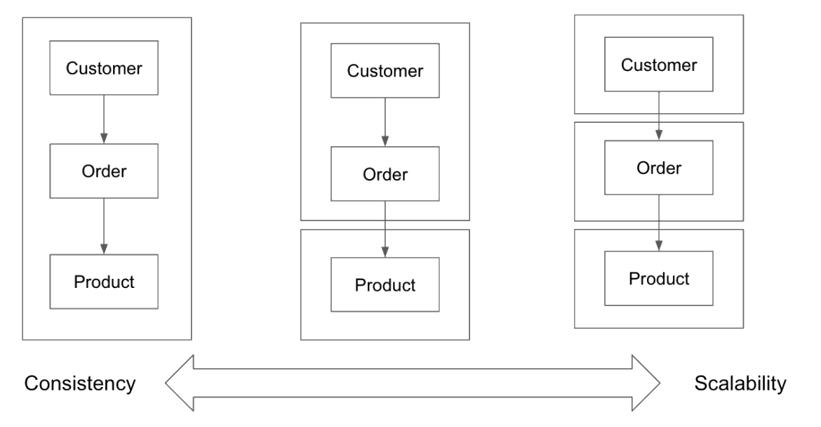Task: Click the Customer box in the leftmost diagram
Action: tap(104, 68)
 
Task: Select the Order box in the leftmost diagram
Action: tap(104, 171)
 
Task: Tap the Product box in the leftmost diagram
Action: tap(104, 282)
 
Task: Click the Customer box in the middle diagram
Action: tap(385, 71)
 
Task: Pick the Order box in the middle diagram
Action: tap(385, 173)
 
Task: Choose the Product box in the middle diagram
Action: tap(385, 285)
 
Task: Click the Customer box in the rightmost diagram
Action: tap(660, 65)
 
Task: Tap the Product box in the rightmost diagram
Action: tap(660, 278)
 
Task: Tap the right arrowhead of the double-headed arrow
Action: tap(646, 383)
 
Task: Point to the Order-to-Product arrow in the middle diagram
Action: tap(385, 229)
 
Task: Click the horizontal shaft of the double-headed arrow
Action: tap(413, 383)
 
